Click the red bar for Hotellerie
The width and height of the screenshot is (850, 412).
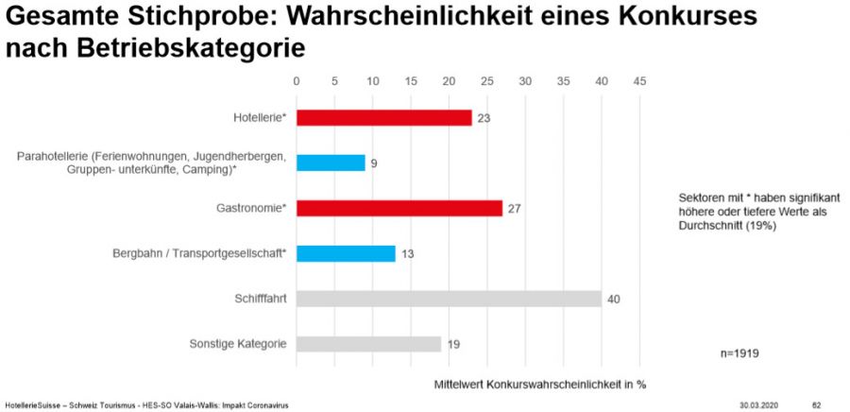coord(383,117)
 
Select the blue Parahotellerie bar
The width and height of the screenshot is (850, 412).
coord(331,163)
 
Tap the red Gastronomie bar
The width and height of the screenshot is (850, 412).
coord(399,208)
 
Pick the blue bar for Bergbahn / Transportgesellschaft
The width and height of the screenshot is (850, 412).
coord(346,253)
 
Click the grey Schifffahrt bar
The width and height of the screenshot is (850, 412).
coord(449,299)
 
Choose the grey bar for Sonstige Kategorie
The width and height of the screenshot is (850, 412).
coord(368,344)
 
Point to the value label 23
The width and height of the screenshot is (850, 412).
coord(484,118)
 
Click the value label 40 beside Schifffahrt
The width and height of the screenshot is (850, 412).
coord(614,300)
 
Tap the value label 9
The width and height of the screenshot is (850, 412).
coord(374,163)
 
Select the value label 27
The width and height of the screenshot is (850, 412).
coord(515,209)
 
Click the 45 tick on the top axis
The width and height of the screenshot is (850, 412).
coord(639,81)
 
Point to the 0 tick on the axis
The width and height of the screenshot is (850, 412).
coord(297,81)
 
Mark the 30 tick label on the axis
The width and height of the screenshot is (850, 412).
coord(525,81)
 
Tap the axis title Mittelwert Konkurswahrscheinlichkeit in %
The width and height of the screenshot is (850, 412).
coord(540,385)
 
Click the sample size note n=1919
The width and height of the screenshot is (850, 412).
coord(739,353)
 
